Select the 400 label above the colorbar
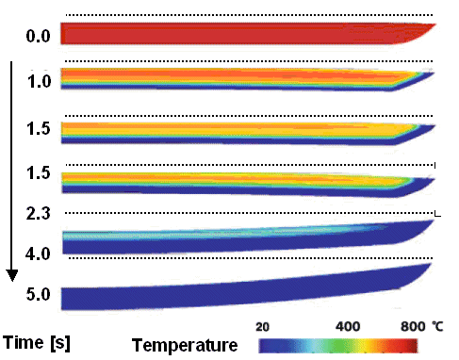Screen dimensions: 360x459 click(349, 326)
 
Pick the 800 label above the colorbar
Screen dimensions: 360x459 click(411, 326)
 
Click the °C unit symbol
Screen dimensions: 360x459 click(438, 326)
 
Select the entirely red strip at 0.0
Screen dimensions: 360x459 click(236, 33)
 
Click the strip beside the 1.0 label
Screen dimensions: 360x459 click(236, 77)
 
